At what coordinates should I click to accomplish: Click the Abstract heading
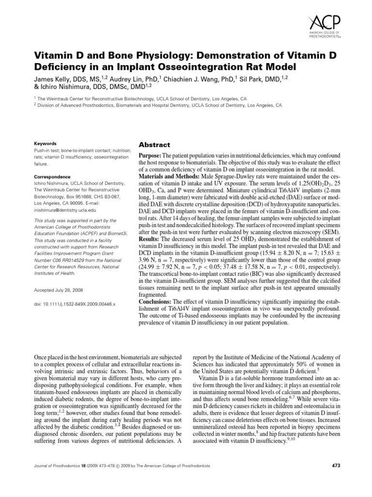point(155,145)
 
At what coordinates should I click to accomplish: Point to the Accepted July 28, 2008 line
point(59,290)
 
